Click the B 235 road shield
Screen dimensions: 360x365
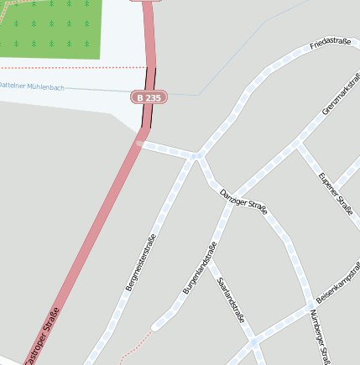(149, 97)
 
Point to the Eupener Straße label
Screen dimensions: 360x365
(336, 194)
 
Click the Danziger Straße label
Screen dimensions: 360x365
(243, 202)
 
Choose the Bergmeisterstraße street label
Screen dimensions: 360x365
(141, 263)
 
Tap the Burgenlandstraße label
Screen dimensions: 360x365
(200, 268)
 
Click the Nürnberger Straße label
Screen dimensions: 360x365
(320, 336)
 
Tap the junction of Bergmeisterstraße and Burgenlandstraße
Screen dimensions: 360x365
(196, 156)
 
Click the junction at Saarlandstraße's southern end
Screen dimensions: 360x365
(253, 342)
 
